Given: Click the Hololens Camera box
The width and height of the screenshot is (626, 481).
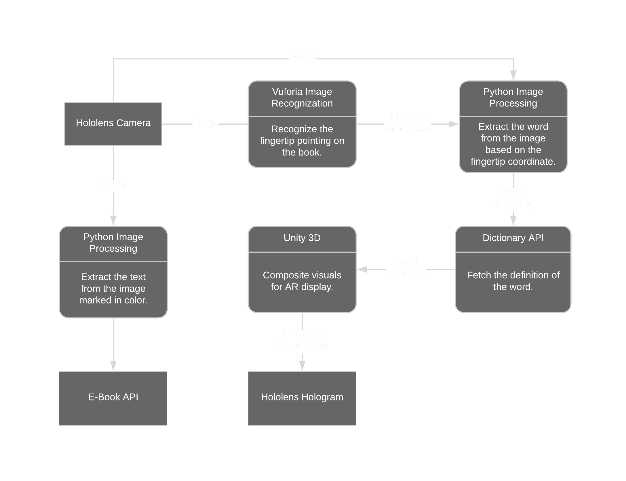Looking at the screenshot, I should pyautogui.click(x=113, y=123).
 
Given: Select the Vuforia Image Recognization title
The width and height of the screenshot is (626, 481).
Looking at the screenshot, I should pyautogui.click(x=302, y=98).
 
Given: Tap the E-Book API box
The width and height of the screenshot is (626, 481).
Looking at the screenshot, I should pyautogui.click(x=113, y=397).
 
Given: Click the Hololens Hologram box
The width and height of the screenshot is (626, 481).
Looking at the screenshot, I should pyautogui.click(x=302, y=397).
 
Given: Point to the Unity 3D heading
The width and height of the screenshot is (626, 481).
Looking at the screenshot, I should pyautogui.click(x=302, y=238).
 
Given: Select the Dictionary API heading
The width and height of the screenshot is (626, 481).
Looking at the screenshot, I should pyautogui.click(x=513, y=238).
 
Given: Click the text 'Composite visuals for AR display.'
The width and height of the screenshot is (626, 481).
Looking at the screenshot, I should pyautogui.click(x=302, y=281).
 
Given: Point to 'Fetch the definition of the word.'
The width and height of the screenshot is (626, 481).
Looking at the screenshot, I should pyautogui.click(x=513, y=281).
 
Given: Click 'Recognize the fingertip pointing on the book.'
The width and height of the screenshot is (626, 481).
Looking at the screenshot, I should pyautogui.click(x=302, y=141).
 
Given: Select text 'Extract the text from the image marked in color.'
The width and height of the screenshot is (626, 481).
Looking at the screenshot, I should pyautogui.click(x=113, y=288).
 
